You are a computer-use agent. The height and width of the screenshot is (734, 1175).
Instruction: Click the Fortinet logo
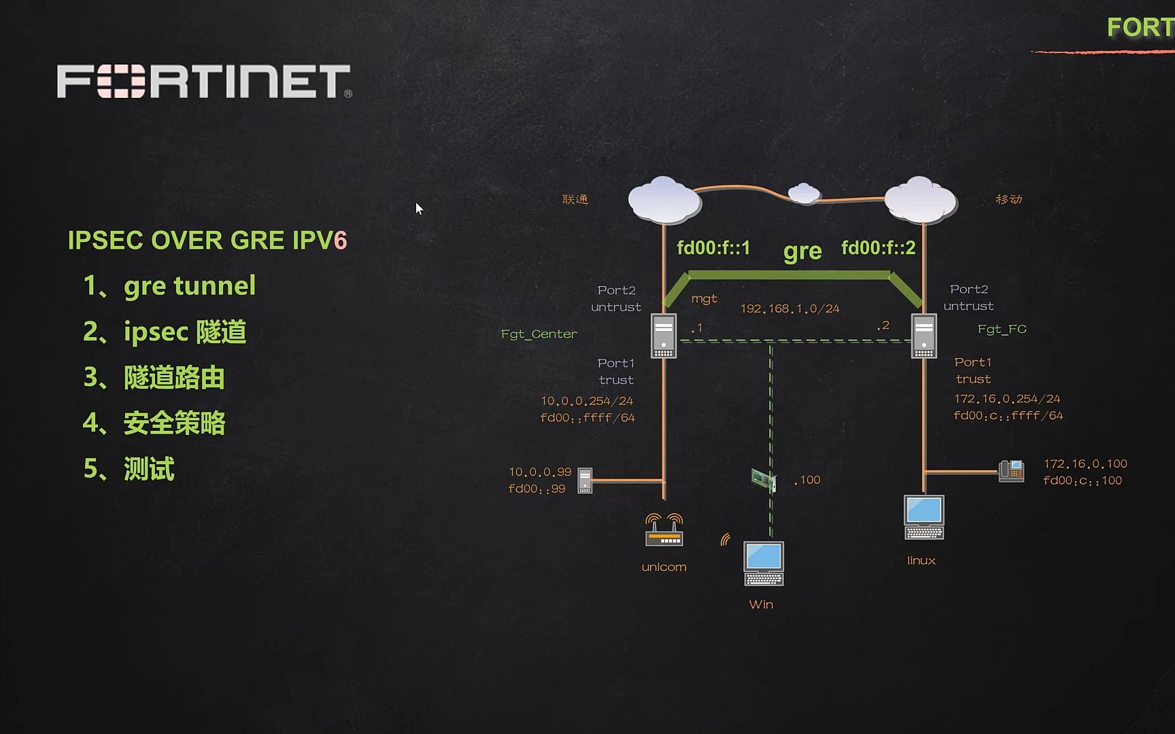204,82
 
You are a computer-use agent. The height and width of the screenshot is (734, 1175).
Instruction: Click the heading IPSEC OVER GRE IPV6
207,241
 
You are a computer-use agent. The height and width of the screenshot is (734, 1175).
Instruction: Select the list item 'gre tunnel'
189,286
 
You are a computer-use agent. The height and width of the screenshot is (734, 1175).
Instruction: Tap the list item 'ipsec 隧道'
184,332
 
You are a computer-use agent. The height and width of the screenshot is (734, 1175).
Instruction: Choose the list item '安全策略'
174,423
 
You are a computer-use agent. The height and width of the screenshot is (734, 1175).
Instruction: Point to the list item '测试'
149,468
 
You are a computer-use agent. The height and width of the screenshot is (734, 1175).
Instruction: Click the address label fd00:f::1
713,248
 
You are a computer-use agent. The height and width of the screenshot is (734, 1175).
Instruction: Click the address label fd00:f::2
878,248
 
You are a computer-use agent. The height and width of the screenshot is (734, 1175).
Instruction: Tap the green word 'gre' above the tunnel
802,251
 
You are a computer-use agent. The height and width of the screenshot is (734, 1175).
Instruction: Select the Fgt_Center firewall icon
664,335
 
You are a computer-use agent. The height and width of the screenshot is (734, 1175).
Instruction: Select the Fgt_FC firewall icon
923,335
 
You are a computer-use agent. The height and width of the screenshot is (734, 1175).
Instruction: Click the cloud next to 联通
664,199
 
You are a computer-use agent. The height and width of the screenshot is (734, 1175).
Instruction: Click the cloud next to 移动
921,199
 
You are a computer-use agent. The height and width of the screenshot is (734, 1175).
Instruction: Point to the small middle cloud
804,194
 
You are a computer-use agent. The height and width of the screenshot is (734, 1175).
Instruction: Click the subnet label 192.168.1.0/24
789,309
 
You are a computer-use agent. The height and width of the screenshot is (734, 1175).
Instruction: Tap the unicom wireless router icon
664,530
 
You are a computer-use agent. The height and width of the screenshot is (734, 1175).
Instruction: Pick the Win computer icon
764,563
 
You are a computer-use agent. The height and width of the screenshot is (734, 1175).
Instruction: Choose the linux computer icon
923,517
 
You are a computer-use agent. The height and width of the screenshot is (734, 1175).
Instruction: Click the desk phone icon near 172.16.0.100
1011,470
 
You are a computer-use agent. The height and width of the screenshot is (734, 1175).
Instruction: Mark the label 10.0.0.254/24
587,401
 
